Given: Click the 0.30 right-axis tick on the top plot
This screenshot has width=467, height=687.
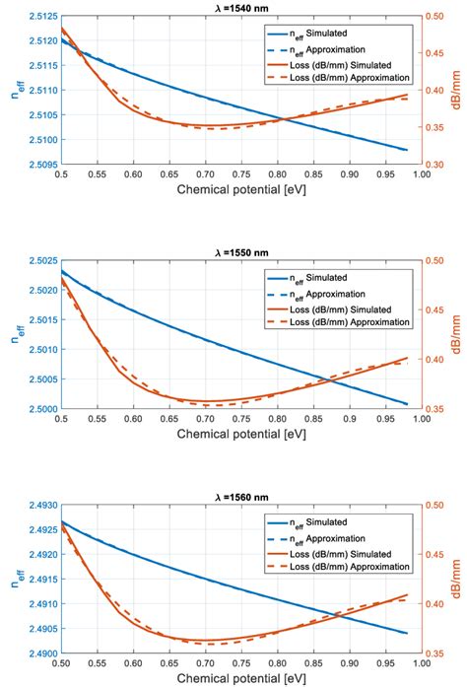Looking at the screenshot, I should point(438,165).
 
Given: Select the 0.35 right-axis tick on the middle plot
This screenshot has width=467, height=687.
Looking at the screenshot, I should point(438,409).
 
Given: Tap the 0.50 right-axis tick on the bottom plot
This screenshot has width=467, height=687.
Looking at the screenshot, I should point(438,506).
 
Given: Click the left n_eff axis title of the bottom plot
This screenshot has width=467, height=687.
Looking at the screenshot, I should point(11,580).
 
